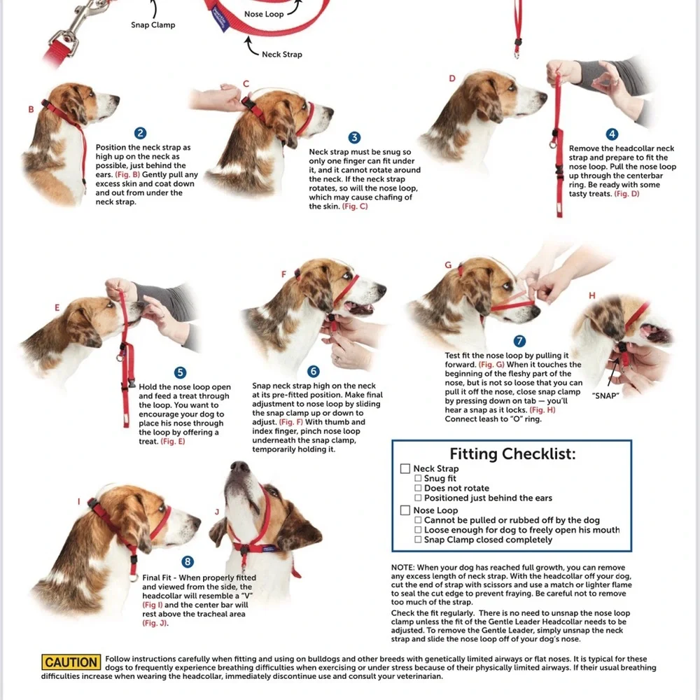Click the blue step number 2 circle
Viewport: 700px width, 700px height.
click(x=140, y=133)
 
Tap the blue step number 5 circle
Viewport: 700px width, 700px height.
click(x=180, y=372)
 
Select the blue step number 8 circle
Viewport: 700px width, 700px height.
click(x=188, y=561)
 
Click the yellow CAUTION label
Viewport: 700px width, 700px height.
click(x=71, y=662)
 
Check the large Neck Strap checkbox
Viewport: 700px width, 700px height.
click(x=405, y=468)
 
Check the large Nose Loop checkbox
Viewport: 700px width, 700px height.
click(x=405, y=510)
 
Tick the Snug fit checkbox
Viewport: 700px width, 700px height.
click(x=418, y=478)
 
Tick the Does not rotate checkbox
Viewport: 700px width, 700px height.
click(x=418, y=488)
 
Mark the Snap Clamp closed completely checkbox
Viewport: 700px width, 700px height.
click(x=418, y=539)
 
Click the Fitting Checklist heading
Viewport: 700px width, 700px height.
click(x=512, y=454)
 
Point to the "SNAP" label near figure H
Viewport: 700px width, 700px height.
click(x=605, y=395)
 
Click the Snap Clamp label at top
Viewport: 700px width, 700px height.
click(x=153, y=25)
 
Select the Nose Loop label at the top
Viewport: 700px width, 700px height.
click(x=264, y=14)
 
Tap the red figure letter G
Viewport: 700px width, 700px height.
click(x=448, y=265)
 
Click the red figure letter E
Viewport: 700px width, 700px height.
click(x=57, y=307)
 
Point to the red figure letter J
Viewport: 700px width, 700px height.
click(x=217, y=512)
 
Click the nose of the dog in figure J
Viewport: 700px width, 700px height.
click(x=239, y=467)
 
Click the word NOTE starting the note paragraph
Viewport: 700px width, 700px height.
click(x=403, y=568)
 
